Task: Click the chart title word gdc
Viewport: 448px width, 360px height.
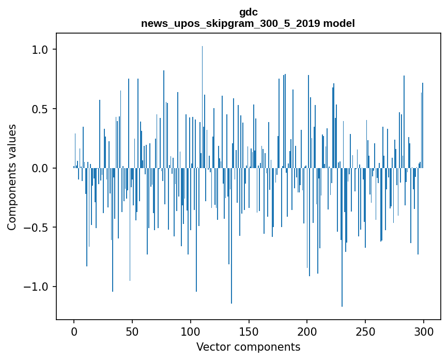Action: point(248,12)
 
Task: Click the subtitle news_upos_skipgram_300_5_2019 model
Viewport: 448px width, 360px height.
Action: point(248,23)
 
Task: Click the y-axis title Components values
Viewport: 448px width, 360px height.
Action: point(12,177)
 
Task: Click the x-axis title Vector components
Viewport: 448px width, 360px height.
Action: point(248,347)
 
